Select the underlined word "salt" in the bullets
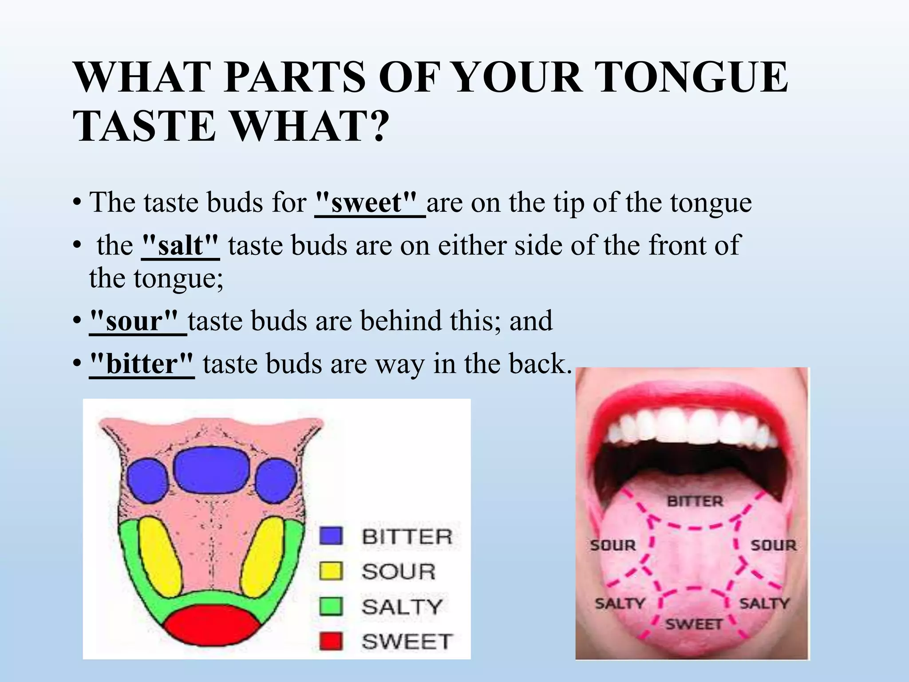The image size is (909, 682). (x=180, y=246)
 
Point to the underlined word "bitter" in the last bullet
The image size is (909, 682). (x=142, y=364)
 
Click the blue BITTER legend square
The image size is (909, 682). (x=331, y=536)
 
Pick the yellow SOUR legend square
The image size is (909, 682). (x=331, y=571)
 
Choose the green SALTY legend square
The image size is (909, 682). (x=331, y=606)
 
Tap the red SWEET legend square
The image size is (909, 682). (x=331, y=641)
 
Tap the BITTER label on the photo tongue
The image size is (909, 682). (x=695, y=502)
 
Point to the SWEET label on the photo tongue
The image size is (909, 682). (x=694, y=624)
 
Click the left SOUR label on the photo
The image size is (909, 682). (x=613, y=545)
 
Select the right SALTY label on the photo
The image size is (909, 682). (x=764, y=603)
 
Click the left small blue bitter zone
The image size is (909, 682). (x=146, y=480)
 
